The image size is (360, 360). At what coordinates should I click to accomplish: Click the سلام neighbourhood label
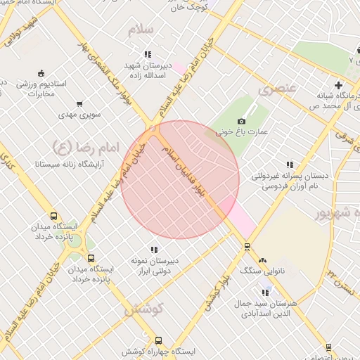[141, 30]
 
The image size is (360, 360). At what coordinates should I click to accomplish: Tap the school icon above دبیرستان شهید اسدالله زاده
[148, 54]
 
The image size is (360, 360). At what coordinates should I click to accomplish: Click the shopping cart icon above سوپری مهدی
[79, 103]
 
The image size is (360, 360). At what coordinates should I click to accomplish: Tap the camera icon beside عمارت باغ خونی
[242, 122]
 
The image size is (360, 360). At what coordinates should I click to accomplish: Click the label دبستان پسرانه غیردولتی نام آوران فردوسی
[290, 181]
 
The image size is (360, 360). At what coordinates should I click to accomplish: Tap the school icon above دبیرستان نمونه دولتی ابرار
[153, 250]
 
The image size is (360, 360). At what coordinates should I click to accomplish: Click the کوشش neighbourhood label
[144, 308]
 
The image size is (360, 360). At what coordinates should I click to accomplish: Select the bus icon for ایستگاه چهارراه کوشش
[158, 340]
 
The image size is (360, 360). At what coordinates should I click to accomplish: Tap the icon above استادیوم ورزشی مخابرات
[40, 73]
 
